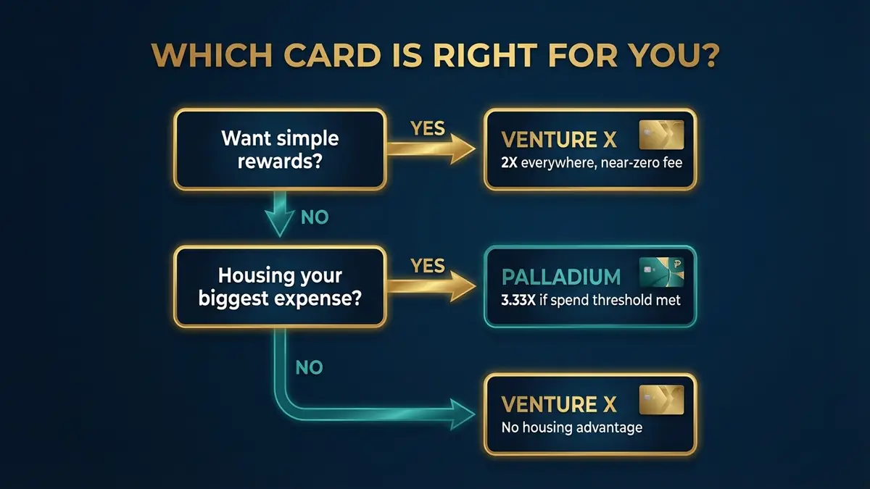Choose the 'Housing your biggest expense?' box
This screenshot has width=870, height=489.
[x=280, y=286]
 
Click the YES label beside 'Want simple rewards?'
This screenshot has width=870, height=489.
[x=428, y=128]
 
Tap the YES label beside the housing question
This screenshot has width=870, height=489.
[x=428, y=266]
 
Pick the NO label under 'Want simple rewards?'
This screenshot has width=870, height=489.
[x=314, y=217]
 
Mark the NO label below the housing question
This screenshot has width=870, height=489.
[x=309, y=368]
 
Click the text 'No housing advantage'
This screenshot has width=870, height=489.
[x=572, y=427]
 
